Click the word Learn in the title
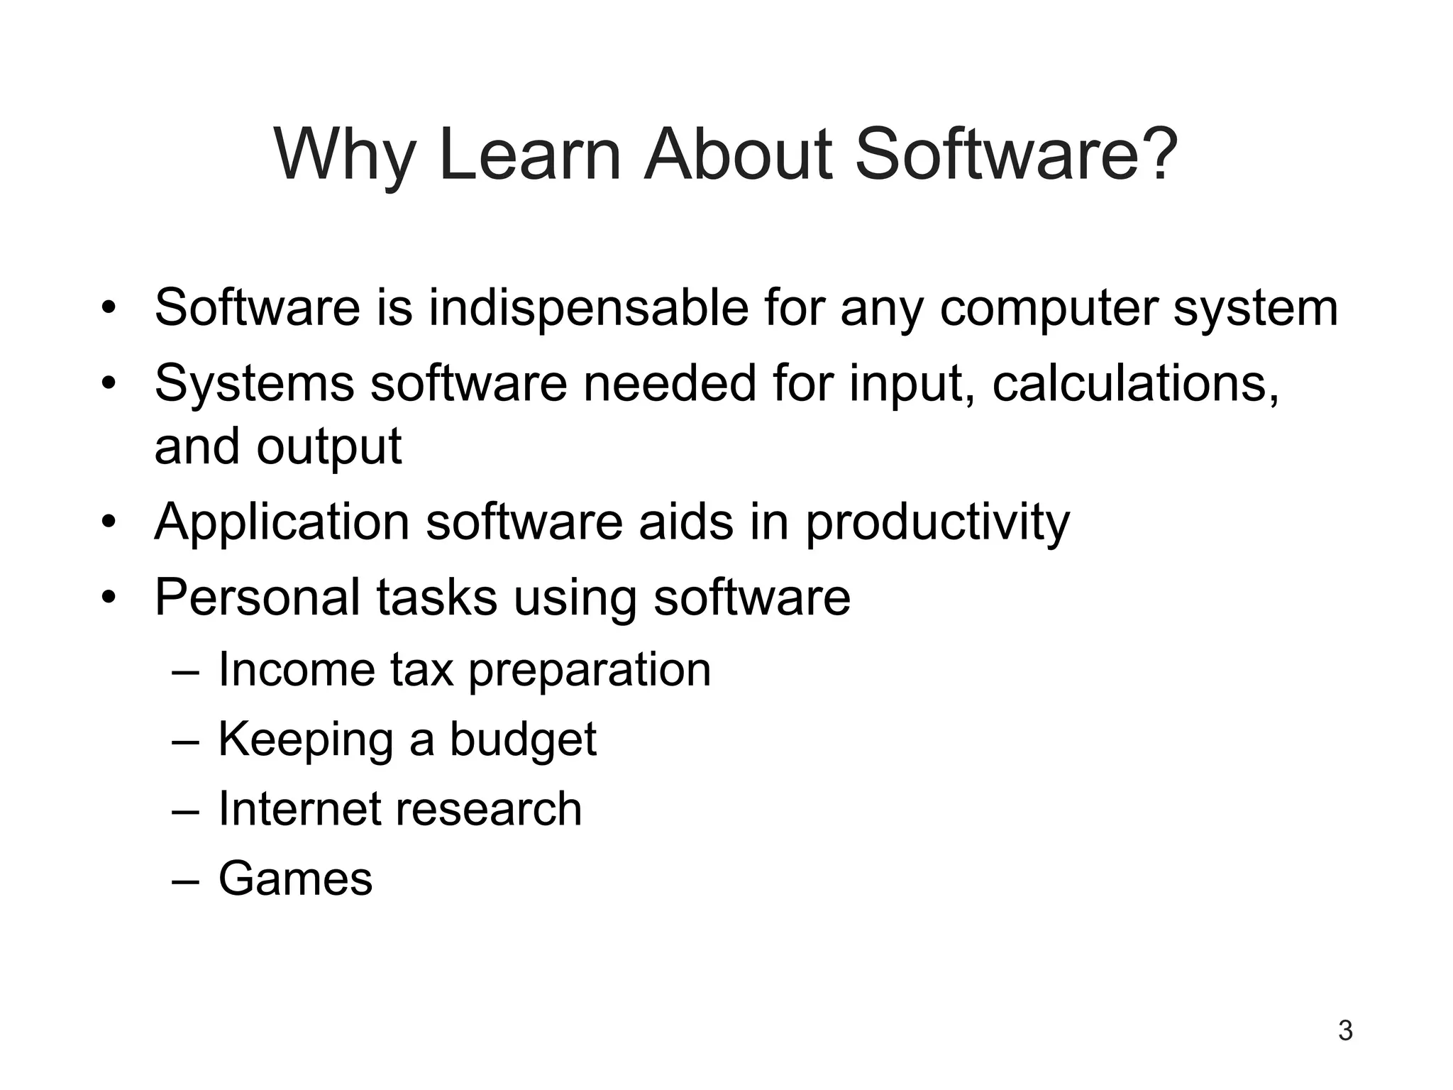[530, 155]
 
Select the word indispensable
[589, 308]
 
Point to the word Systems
[254, 384]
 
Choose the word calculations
[1135, 384]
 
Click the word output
[329, 447]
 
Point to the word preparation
[590, 671]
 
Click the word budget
[523, 740]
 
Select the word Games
[295, 879]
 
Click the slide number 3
[1345, 1030]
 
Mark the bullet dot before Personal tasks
[108, 598]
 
